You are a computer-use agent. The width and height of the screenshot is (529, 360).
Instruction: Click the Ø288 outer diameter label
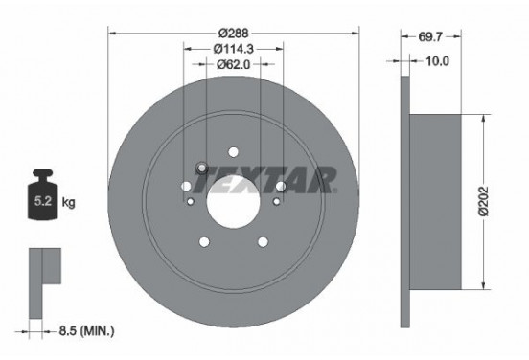click(234, 31)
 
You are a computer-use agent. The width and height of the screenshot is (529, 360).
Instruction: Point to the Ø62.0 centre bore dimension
click(233, 65)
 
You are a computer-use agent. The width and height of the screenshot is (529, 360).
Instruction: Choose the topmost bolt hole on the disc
click(233, 150)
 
